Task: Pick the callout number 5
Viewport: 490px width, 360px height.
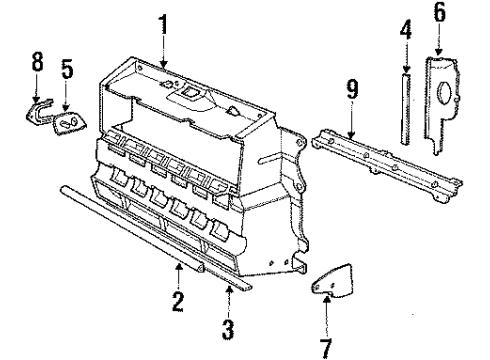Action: click(x=65, y=72)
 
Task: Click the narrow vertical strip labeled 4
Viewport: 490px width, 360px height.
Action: click(x=405, y=105)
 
